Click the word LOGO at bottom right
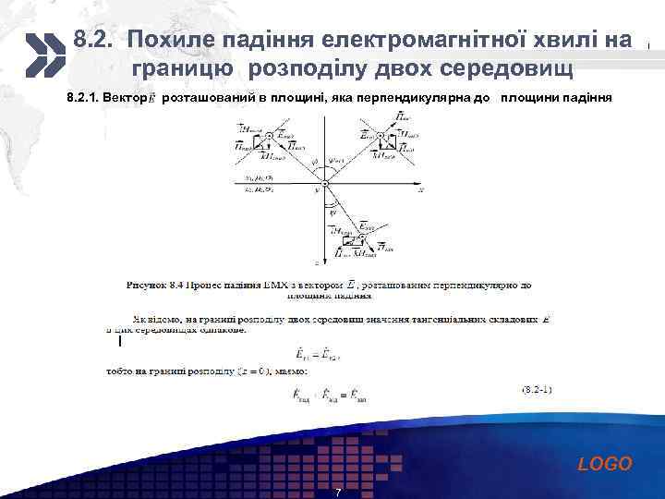[605, 464]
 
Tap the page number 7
[338, 493]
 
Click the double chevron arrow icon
[42, 54]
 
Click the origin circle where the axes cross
[325, 182]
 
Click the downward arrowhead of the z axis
[325, 261]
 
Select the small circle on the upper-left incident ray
[269, 136]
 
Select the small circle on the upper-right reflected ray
[381, 136]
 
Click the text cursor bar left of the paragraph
[119, 341]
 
